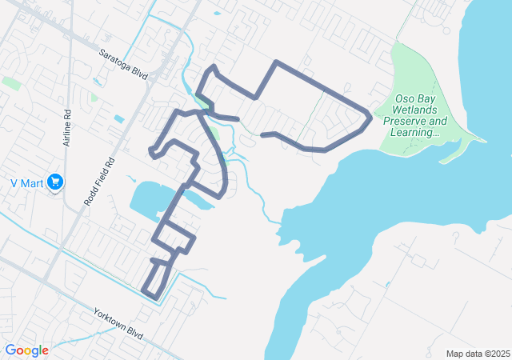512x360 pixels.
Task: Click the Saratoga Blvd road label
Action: [x=125, y=63]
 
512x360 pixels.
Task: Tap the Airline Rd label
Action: [x=69, y=124]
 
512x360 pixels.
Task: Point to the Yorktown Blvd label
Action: [x=117, y=324]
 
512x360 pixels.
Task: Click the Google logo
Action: [x=26, y=350]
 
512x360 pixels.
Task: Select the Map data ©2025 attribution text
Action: [x=477, y=354]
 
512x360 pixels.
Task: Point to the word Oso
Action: [x=405, y=98]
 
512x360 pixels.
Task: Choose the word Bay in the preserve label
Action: [x=426, y=98]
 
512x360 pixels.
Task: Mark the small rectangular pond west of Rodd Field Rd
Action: [x=119, y=119]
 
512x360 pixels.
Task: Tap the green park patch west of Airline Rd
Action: [x=11, y=82]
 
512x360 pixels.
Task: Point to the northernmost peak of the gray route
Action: [x=276, y=62]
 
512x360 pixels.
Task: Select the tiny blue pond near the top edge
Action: [x=217, y=14]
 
